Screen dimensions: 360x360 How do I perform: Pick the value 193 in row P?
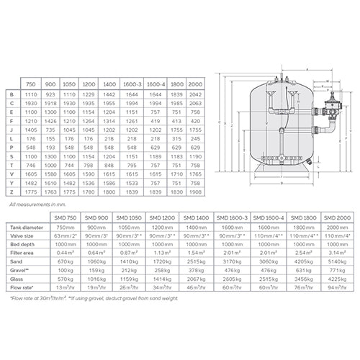point(50,146)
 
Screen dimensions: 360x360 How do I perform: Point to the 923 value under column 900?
point(50,94)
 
